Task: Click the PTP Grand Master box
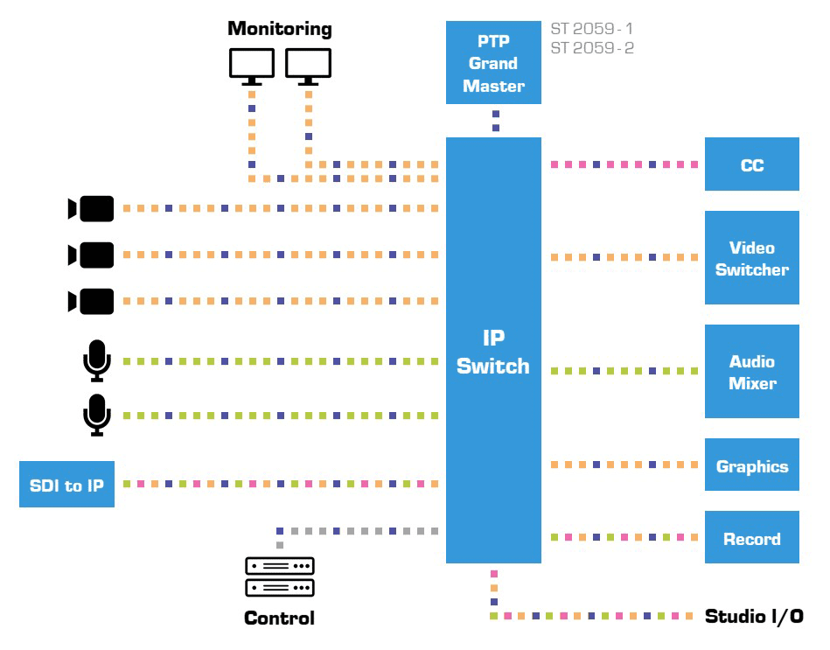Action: click(493, 63)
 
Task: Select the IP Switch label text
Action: click(493, 353)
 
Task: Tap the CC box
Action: click(751, 164)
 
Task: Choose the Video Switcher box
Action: click(751, 258)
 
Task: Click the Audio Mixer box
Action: click(751, 372)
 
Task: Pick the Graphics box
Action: click(751, 466)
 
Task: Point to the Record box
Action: click(751, 538)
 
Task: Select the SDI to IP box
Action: click(66, 484)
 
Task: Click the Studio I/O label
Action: click(754, 616)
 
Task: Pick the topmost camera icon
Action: click(91, 209)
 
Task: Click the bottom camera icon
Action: click(91, 302)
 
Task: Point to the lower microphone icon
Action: click(96, 415)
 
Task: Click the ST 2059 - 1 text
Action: click(592, 29)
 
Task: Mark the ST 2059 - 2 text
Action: click(592, 48)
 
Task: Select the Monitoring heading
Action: click(280, 28)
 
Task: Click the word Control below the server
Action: click(279, 618)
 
